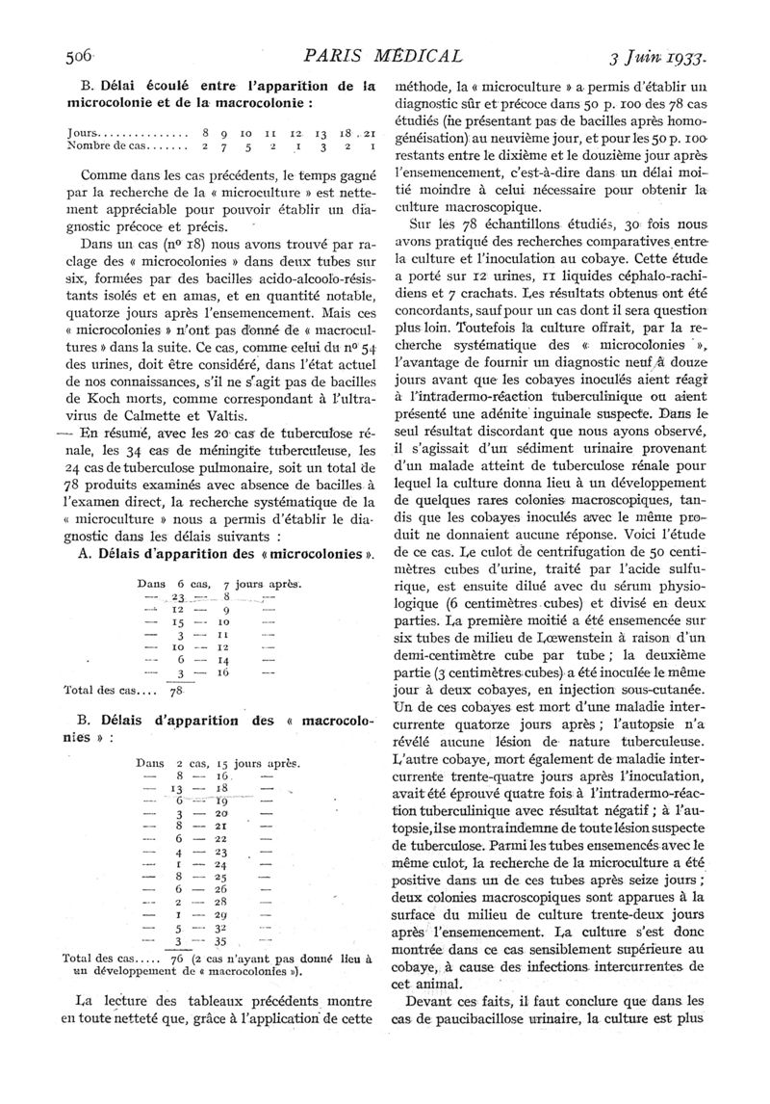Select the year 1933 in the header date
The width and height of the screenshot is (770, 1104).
(x=684, y=57)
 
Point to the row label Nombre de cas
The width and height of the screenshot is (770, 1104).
(x=108, y=145)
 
